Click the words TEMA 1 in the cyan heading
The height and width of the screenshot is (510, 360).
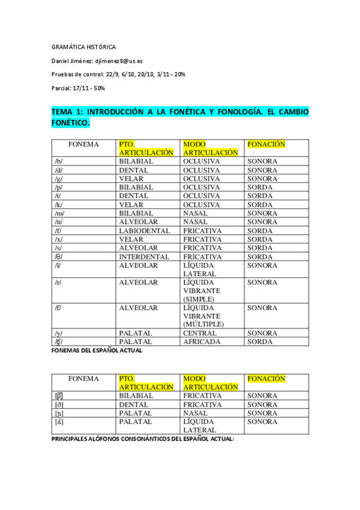click(67, 112)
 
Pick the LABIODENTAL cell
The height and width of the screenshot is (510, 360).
click(144, 230)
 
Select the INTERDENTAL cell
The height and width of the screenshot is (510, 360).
click(144, 257)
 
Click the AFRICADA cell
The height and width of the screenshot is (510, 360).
click(201, 342)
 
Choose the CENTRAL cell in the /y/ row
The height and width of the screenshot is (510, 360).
click(200, 333)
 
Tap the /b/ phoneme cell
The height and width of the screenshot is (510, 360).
click(58, 161)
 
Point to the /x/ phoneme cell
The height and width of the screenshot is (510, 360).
click(58, 239)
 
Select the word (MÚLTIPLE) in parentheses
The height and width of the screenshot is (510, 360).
click(203, 324)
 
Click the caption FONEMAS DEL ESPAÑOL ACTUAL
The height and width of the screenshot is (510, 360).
click(97, 350)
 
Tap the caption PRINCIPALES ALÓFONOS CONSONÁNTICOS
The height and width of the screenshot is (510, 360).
click(142, 439)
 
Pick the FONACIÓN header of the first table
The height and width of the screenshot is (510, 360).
click(266, 144)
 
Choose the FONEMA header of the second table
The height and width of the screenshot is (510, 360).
click(84, 379)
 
